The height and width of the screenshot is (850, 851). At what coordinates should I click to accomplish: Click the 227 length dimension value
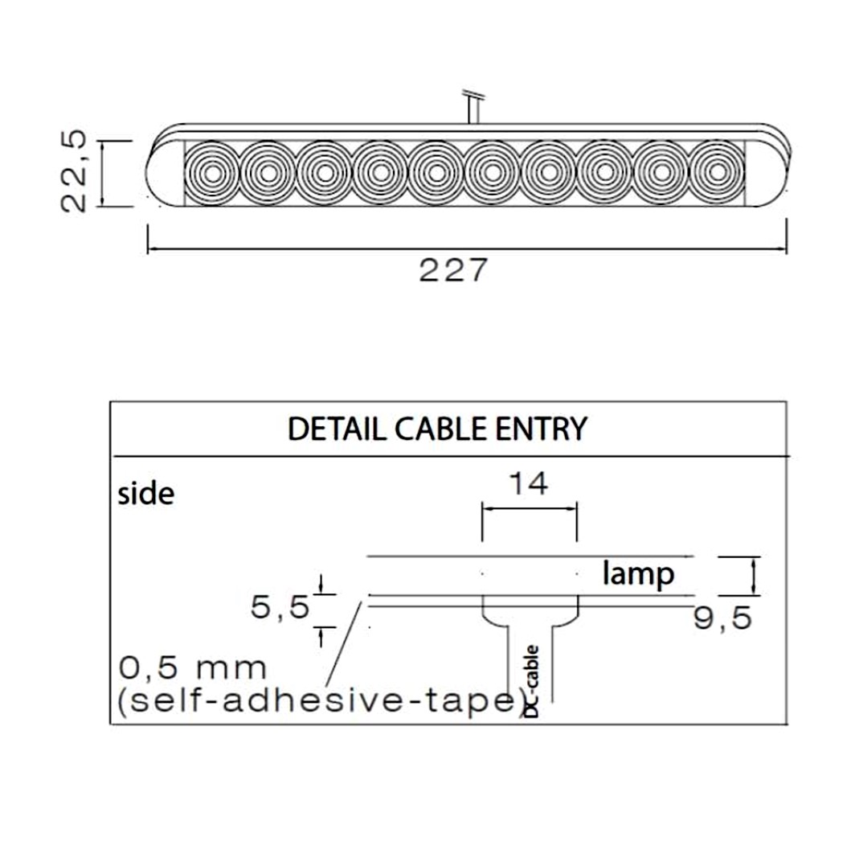pos(452,271)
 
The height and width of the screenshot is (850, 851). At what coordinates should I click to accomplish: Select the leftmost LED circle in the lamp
pos(213,173)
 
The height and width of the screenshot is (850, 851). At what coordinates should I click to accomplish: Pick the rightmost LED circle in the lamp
pos(717,173)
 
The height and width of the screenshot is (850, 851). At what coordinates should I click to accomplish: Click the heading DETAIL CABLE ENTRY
pos(437,429)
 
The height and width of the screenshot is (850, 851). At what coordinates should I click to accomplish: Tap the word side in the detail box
pos(145,493)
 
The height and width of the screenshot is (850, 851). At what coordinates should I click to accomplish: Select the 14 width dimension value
pos(529,484)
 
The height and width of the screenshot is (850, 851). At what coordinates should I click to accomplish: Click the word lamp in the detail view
pos(638,574)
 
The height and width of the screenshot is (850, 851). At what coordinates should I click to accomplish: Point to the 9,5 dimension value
pos(723,618)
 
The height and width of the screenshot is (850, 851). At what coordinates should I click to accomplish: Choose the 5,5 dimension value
pos(280,608)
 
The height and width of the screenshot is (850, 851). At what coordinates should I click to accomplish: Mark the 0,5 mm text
pos(193,667)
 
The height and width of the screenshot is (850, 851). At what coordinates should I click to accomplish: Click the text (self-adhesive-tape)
pos(321,702)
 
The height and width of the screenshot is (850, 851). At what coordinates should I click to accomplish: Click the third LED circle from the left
pos(325,173)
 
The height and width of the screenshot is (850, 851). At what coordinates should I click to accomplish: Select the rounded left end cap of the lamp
pos(165,173)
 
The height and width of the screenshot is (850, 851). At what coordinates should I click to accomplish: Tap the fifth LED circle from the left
pos(436,173)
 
